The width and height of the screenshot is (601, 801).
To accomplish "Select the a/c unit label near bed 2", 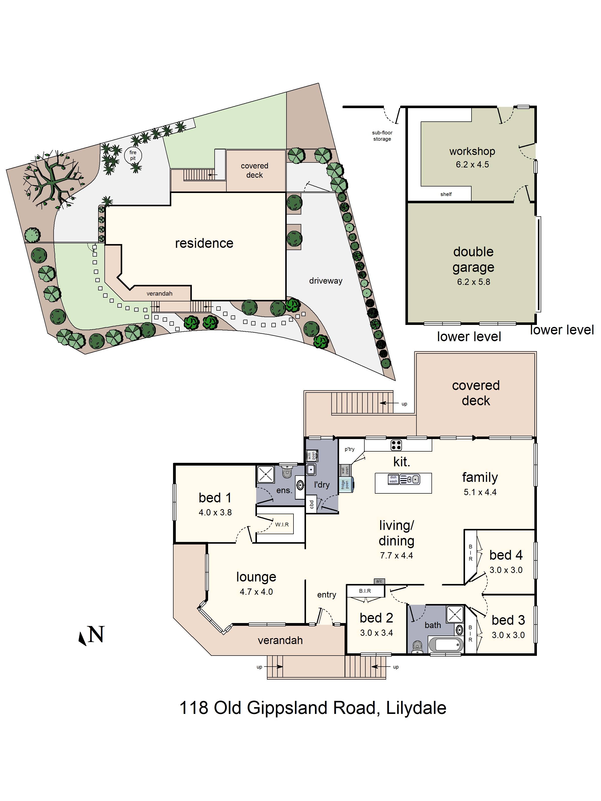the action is click(379, 581).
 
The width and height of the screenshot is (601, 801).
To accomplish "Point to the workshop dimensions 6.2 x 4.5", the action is click(472, 164).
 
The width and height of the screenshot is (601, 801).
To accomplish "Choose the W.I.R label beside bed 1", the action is click(282, 524).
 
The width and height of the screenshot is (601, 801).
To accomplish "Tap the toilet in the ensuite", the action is click(287, 471).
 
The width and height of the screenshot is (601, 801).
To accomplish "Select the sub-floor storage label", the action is click(382, 136).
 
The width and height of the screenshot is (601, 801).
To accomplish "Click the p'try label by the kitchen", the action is click(350, 449).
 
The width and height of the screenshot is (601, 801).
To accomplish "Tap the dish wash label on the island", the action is click(393, 479).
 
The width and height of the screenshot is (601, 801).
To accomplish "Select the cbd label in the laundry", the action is click(312, 504).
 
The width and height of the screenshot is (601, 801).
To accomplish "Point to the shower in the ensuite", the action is click(265, 474).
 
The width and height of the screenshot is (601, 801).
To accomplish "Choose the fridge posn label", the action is click(345, 485).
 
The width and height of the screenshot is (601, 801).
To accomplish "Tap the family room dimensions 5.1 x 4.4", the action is click(480, 492).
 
